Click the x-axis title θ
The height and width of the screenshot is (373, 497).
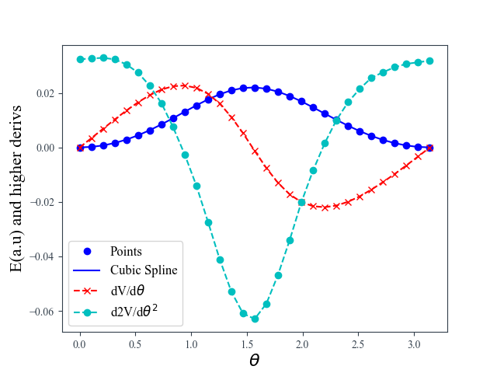point(254,361)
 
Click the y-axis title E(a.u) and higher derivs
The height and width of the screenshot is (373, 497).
point(16,188)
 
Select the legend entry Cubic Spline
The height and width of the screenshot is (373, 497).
point(144,270)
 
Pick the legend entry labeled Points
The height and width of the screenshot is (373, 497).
point(126,251)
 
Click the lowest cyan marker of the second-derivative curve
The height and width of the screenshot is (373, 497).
point(255,319)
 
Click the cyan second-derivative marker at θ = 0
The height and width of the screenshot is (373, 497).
point(80,59)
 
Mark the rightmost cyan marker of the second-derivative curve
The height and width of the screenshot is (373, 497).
point(429,61)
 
